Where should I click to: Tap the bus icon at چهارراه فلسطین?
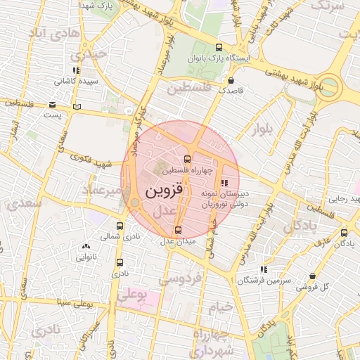click(x=187, y=159)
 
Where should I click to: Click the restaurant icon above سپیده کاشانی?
click(x=75, y=70)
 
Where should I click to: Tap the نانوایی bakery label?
click(x=86, y=257)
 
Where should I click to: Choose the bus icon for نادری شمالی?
click(x=120, y=226)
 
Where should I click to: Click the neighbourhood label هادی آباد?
click(x=47, y=33)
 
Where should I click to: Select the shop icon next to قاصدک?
click(x=231, y=79)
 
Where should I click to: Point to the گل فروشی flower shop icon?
click(x=312, y=276)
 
